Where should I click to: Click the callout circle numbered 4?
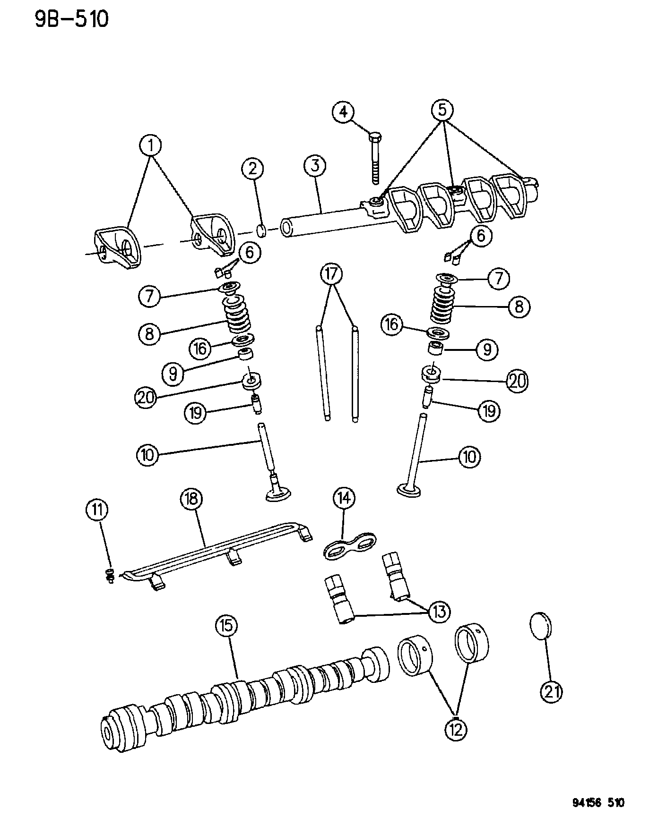pyautogui.click(x=343, y=112)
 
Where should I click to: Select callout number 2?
pyautogui.click(x=253, y=169)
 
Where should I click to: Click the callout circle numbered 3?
pyautogui.click(x=315, y=166)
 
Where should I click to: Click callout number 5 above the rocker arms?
pyautogui.click(x=442, y=110)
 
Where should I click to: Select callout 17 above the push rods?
pyautogui.click(x=332, y=273)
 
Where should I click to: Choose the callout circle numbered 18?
pyautogui.click(x=193, y=499)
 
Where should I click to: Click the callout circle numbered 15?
pyautogui.click(x=226, y=626)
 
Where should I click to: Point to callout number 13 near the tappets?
pyautogui.click(x=439, y=612)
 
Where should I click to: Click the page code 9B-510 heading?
pyautogui.click(x=71, y=20)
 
